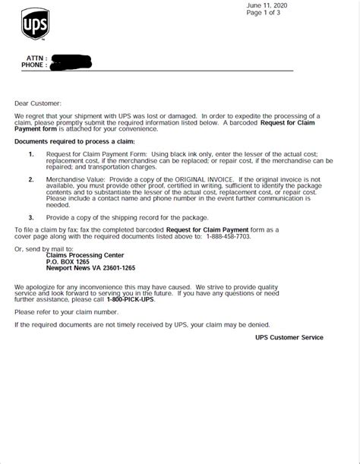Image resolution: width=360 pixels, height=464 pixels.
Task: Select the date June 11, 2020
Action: pyautogui.click(x=266, y=5)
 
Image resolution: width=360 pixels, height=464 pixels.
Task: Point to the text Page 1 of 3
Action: pyautogui.click(x=264, y=13)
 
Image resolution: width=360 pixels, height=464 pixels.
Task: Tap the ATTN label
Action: pyautogui.click(x=36, y=58)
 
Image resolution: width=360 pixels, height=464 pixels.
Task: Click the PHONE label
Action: pyautogui.click(x=33, y=65)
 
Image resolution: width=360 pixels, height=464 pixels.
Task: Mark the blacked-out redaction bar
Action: pyautogui.click(x=70, y=61)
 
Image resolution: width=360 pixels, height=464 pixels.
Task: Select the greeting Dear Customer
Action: pyautogui.click(x=38, y=103)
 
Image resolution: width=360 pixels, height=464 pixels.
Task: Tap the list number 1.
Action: pyautogui.click(x=31, y=154)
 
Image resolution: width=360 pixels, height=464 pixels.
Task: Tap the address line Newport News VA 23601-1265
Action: pyautogui.click(x=90, y=268)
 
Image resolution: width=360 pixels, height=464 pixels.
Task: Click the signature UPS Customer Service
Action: pyautogui.click(x=289, y=337)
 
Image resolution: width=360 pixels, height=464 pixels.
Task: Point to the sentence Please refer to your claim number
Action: pyautogui.click(x=67, y=312)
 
